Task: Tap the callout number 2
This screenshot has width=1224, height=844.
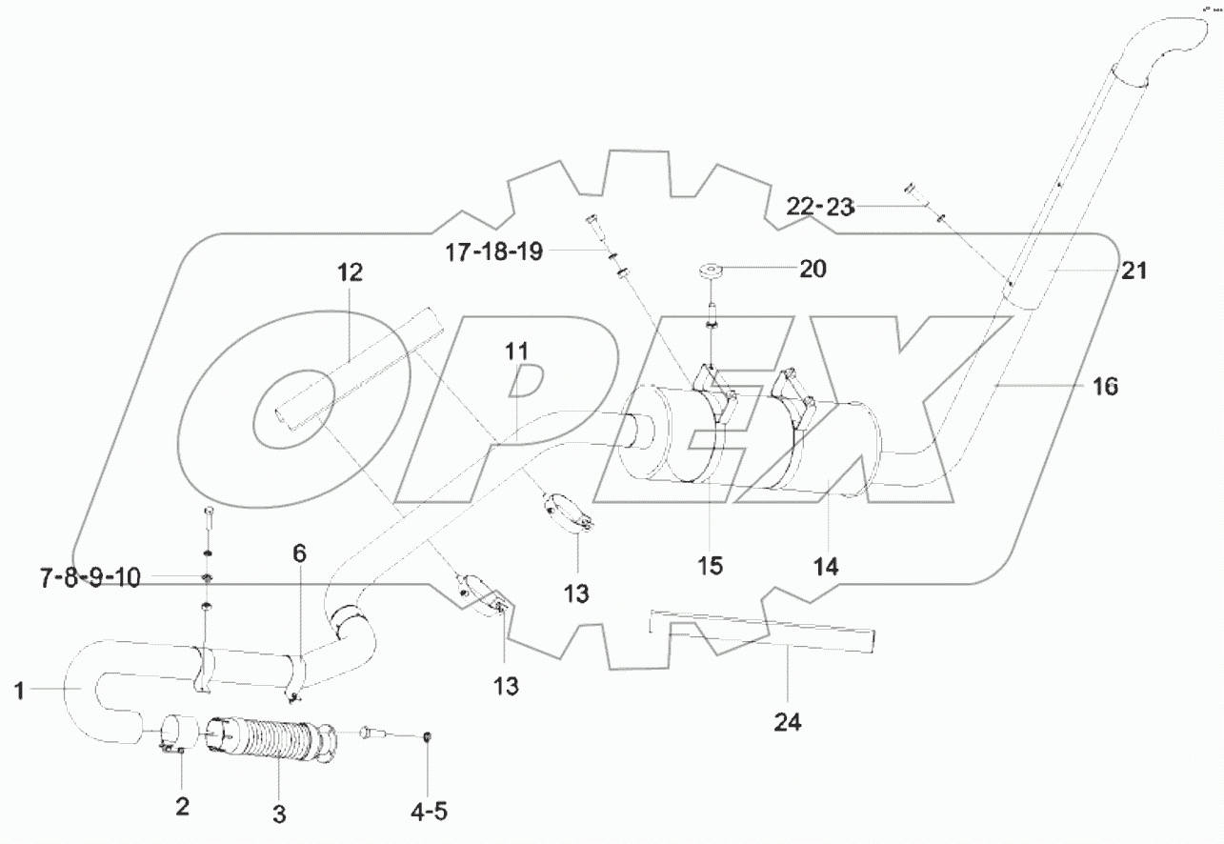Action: click(x=182, y=806)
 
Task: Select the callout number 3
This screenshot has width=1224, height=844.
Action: click(x=279, y=814)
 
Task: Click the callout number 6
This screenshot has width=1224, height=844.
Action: click(x=299, y=553)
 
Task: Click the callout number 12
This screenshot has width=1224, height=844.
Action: click(x=350, y=273)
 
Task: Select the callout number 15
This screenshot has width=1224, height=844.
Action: click(x=710, y=566)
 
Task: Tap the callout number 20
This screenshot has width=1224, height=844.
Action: click(x=813, y=270)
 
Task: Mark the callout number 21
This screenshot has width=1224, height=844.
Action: click(x=1134, y=271)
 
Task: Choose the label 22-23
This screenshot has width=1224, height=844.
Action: click(x=822, y=206)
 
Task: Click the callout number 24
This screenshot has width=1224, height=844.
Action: click(x=787, y=723)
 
